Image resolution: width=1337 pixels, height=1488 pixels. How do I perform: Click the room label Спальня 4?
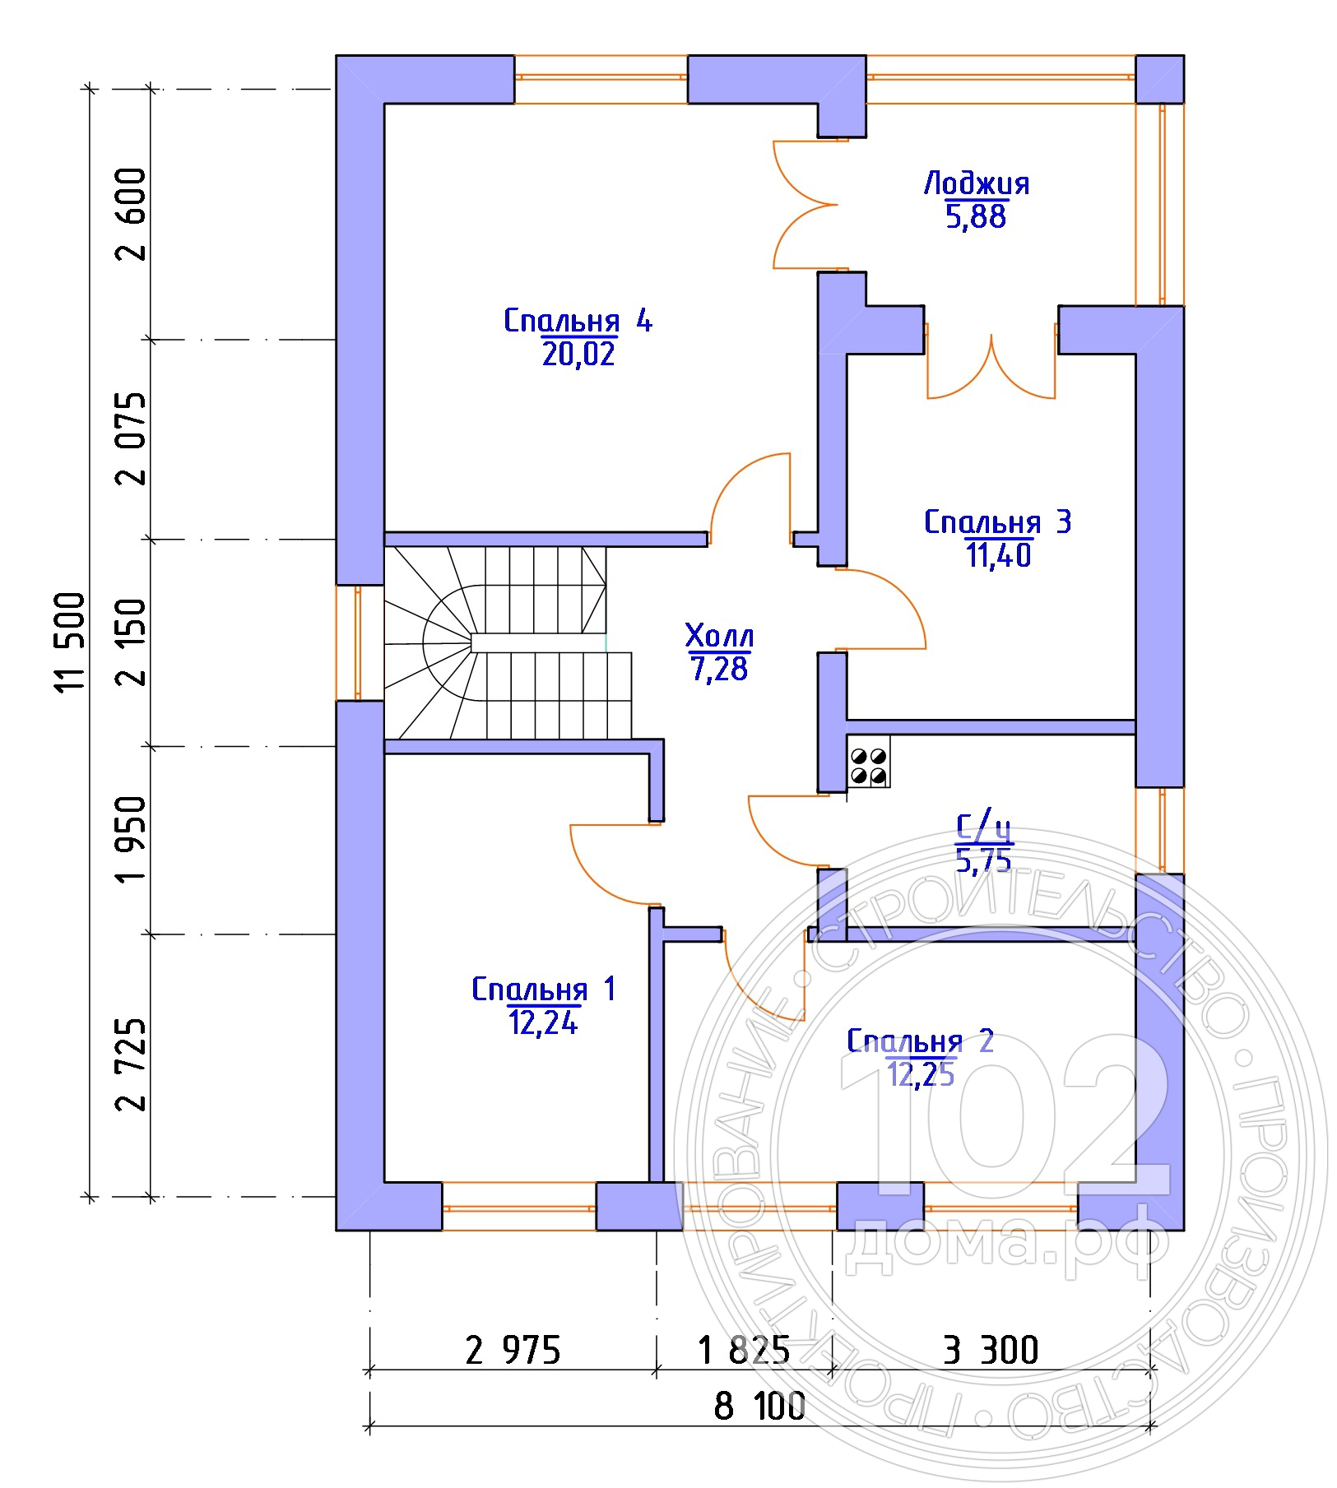[578, 321]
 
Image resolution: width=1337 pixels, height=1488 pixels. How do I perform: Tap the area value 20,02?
[578, 354]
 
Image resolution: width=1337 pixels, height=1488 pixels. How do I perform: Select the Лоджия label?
[977, 183]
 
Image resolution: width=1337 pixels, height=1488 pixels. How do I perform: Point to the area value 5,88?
[977, 217]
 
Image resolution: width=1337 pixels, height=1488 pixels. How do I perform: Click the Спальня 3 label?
[997, 521]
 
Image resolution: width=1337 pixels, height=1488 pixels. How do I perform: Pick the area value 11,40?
[998, 556]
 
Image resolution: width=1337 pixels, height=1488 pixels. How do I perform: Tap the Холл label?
[719, 636]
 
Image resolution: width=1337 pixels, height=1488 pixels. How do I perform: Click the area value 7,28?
[719, 670]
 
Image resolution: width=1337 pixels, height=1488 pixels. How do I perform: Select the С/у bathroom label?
[984, 828]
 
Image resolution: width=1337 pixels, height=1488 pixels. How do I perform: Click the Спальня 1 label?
[543, 989]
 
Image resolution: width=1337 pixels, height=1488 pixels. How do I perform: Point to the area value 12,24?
[543, 1022]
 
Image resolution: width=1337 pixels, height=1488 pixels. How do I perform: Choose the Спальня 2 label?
[921, 1041]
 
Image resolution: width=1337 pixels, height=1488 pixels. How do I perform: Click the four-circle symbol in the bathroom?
[869, 766]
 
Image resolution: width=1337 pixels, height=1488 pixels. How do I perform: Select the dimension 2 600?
[132, 214]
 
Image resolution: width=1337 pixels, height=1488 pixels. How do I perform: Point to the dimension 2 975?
[513, 1350]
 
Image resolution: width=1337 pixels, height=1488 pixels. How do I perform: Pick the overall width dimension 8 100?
[759, 1407]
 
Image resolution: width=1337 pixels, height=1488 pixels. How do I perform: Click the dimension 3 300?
[990, 1350]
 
